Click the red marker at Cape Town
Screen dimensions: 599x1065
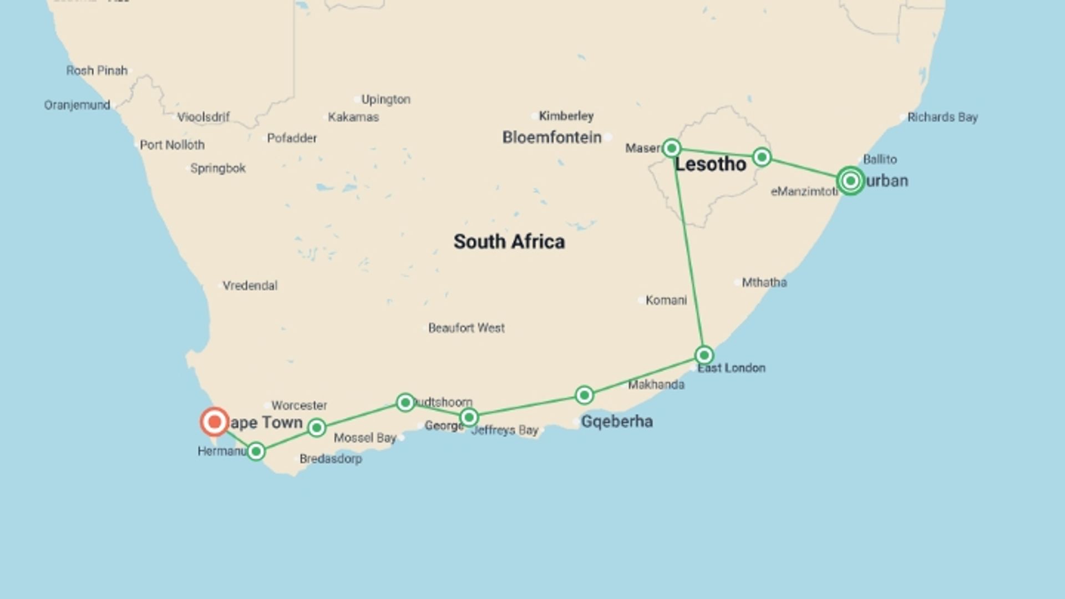pos(214,422)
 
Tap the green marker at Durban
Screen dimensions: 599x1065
pos(850,180)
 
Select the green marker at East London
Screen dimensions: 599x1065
pos(704,355)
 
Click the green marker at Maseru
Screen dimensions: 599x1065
pos(672,148)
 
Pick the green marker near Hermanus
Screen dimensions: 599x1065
pos(256,451)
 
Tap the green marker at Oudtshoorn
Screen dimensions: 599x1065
pos(405,402)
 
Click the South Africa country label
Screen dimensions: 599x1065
pos(509,242)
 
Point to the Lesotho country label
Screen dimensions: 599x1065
pos(711,164)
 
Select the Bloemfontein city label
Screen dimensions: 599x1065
pos(552,138)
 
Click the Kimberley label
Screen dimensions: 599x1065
pos(566,116)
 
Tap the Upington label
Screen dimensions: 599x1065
pos(386,99)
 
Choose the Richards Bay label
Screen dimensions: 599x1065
pos(942,117)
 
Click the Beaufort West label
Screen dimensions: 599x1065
pos(466,328)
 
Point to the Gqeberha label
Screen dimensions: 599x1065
pos(617,422)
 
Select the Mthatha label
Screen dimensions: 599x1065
pos(764,282)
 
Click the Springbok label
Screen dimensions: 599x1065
pos(218,168)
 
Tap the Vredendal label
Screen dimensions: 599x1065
pos(250,286)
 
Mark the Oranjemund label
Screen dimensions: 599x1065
pos(77,105)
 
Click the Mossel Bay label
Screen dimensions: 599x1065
pos(365,438)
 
